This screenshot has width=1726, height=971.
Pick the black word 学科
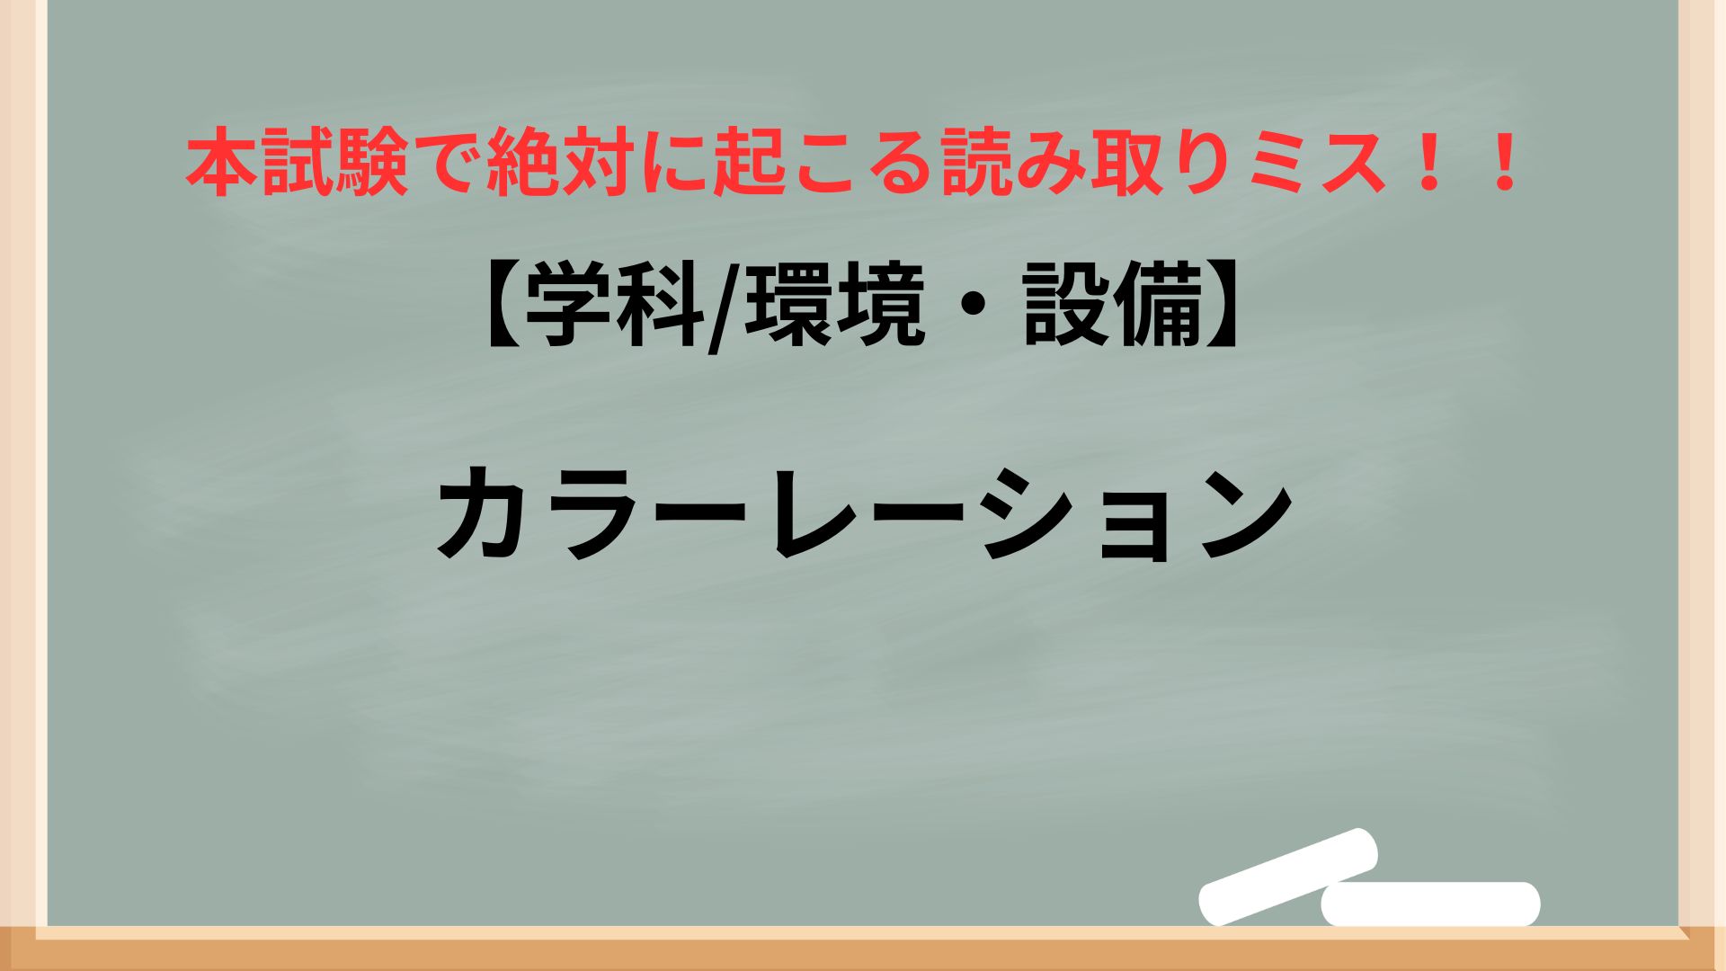(x=613, y=310)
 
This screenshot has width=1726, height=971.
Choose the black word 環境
(x=835, y=310)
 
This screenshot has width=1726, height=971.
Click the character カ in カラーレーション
(x=486, y=514)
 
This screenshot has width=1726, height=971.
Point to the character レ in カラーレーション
(x=814, y=514)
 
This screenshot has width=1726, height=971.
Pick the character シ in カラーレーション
(x=1030, y=514)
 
